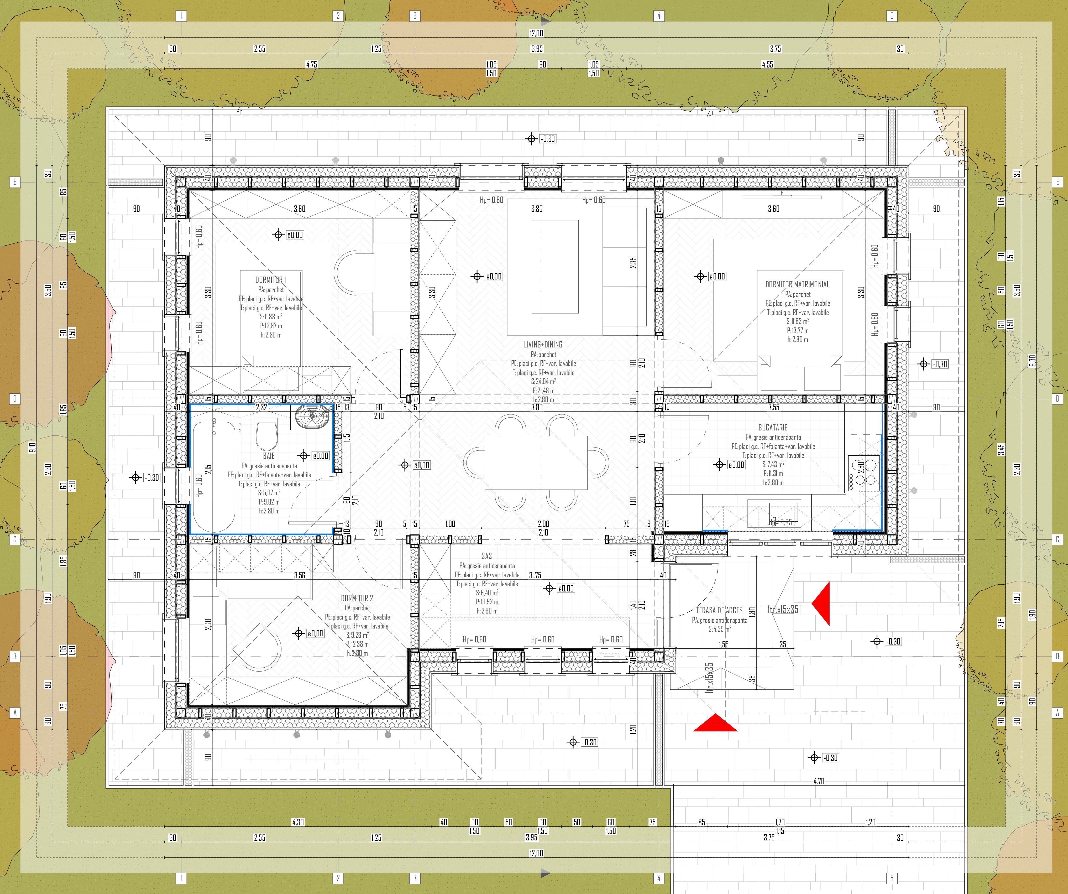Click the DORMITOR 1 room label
[271, 280]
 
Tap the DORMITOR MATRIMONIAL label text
[797, 284]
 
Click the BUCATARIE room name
[773, 428]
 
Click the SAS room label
[486, 556]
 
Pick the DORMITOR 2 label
[357, 598]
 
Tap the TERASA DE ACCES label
[719, 610]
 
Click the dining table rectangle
[536, 462]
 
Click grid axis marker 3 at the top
[415, 16]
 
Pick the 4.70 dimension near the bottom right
[818, 781]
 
